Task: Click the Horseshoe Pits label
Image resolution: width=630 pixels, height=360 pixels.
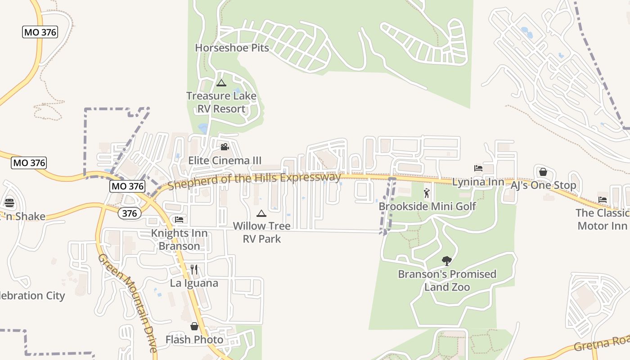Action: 232,48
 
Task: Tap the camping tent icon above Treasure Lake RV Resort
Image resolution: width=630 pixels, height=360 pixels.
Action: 221,83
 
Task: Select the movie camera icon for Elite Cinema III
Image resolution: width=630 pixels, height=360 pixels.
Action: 225,147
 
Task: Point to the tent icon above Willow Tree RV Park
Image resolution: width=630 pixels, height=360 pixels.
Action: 261,213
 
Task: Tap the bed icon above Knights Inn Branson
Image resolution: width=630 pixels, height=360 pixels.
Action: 179,220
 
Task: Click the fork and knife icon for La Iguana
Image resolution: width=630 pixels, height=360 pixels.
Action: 194,270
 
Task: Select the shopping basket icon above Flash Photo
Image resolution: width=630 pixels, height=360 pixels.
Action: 194,326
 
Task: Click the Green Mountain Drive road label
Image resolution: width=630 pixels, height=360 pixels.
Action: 127,302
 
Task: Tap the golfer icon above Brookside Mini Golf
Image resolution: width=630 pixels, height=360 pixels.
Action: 427,193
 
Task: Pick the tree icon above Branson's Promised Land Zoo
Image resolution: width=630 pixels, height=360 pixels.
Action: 447,261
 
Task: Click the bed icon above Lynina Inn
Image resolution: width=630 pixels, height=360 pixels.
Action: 478,169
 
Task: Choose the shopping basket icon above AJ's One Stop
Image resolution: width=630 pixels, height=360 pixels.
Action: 543,172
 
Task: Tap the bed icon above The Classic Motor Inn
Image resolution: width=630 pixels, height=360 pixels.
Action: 602,200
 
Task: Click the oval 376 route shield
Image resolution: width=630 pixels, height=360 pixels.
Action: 130,213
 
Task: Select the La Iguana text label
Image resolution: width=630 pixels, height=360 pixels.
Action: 194,283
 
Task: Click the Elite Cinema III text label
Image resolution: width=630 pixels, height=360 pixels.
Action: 225,161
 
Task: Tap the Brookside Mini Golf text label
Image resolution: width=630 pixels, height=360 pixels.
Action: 427,207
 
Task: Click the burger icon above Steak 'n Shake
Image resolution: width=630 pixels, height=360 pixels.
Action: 9,203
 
